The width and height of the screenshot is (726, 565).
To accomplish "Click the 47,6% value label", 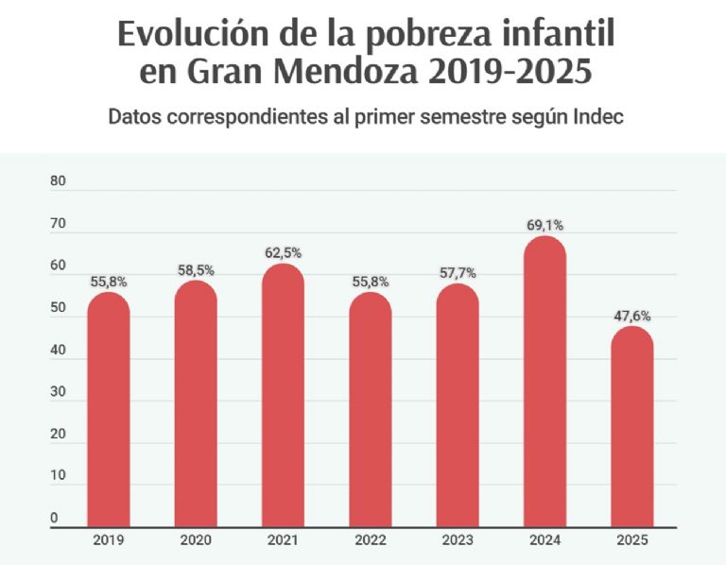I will [632, 317].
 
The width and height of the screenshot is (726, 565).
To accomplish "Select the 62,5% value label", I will [284, 253].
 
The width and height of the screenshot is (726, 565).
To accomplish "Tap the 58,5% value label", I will [196, 270].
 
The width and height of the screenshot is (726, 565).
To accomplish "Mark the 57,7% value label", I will [458, 273].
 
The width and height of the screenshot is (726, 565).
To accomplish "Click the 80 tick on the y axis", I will [59, 181].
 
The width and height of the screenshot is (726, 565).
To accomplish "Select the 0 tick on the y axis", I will [55, 518].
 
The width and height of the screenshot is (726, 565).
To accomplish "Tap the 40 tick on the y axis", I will [59, 351].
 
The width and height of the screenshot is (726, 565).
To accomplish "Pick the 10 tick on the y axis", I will [59, 476].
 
